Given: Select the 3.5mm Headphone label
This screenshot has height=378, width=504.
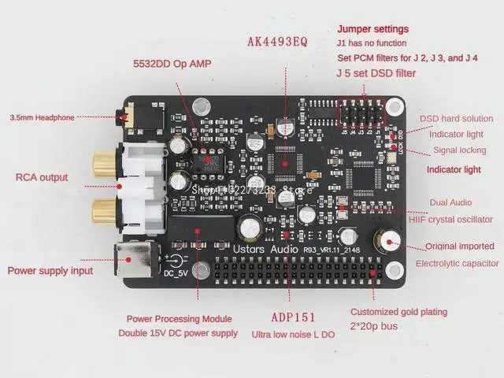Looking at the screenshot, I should (x=43, y=117).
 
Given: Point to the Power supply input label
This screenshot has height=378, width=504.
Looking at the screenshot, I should (x=50, y=271).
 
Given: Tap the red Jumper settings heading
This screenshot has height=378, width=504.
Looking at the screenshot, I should (x=372, y=28).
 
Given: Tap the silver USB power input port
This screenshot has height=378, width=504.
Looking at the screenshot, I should (x=131, y=257).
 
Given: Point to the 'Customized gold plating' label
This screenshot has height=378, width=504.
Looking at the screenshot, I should (x=398, y=311).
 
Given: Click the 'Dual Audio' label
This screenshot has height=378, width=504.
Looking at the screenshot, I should (x=450, y=202).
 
